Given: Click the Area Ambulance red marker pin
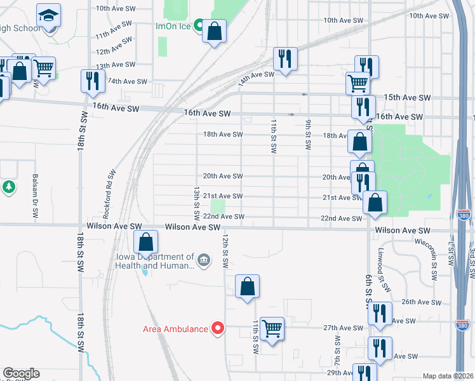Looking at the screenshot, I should tap(218, 328).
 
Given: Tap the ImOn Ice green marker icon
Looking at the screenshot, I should tap(199, 26).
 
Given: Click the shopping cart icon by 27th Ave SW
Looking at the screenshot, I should tap(272, 328).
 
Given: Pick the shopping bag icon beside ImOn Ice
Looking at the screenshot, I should tap(215, 31).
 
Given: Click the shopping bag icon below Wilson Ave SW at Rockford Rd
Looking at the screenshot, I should tap(146, 242).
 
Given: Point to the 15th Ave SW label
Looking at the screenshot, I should tap(408, 97).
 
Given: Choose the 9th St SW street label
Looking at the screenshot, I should tap(308, 133).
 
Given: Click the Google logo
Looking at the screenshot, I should tap(21, 373).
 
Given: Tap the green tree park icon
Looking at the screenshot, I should tap(9, 187).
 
